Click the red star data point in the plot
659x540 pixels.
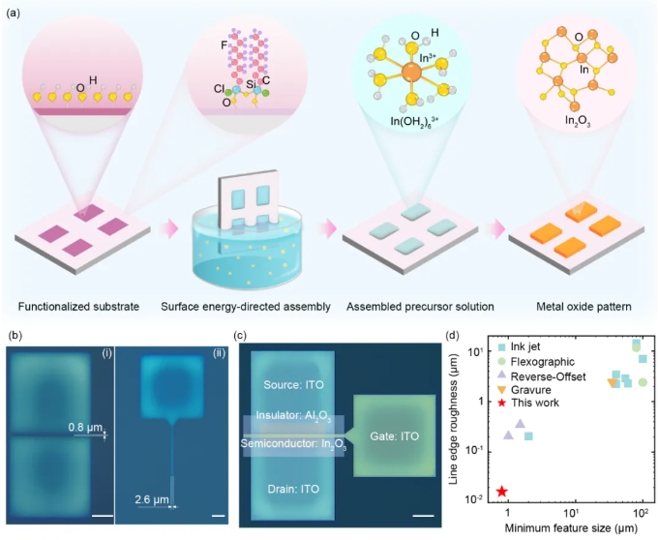[x=501, y=492]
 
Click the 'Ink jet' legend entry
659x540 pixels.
[x=526, y=347]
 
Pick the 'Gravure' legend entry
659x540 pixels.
[x=528, y=388]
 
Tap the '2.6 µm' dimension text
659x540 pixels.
[x=152, y=498]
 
